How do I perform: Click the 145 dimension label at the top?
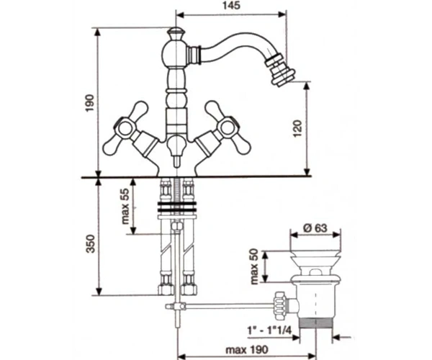coord(232,6)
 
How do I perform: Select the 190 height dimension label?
coord(90,103)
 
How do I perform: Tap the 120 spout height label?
coord(298,129)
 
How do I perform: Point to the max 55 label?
coord(125,206)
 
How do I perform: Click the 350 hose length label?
coord(91,243)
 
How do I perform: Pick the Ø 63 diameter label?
coord(315,228)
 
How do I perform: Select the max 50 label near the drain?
coord(254,266)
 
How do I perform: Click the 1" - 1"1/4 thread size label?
coord(269,330)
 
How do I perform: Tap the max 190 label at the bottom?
coord(246,350)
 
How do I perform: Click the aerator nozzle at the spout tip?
coord(280,70)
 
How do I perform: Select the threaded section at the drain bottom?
coord(316,323)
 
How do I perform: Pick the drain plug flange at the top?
coord(315,256)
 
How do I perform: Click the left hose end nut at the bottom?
coord(166,289)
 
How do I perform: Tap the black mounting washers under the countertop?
coord(177,207)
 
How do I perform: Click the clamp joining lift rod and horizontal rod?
coord(176,306)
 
